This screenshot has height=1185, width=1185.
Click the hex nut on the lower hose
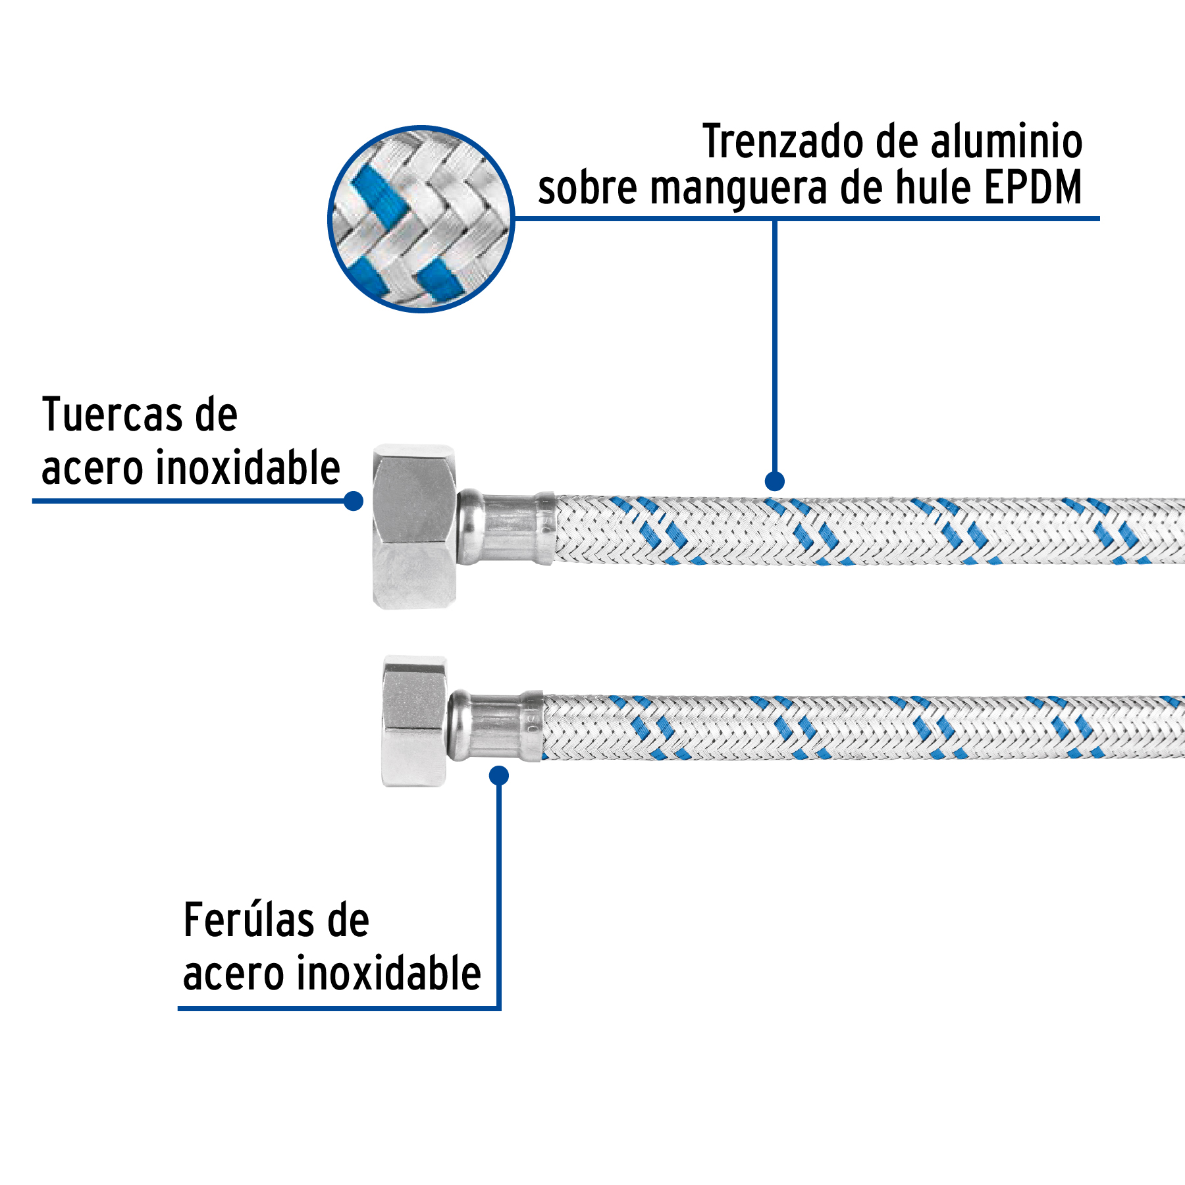(415, 721)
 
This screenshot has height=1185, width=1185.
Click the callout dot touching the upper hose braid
(775, 481)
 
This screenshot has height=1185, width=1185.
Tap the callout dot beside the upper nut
(354, 501)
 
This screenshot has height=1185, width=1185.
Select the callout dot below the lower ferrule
(500, 776)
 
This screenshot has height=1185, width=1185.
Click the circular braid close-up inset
(421, 219)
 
